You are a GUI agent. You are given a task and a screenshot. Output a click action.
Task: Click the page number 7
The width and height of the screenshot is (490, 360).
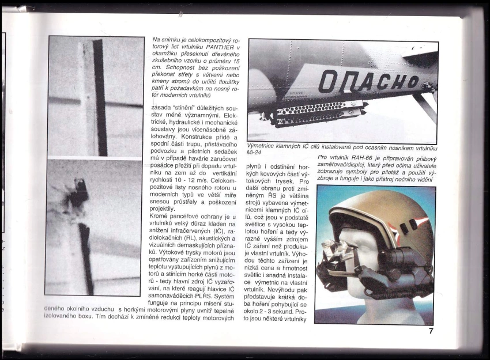430,331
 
